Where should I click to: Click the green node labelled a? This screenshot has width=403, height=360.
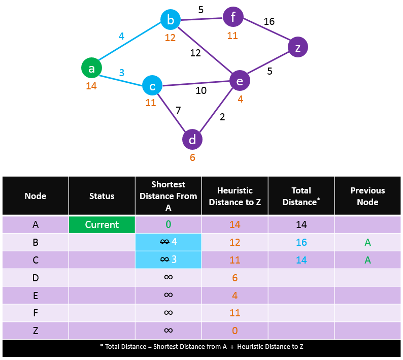pos(91,68)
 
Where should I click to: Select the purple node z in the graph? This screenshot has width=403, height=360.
pos(298,47)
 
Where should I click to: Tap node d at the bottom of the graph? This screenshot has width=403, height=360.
pos(192,140)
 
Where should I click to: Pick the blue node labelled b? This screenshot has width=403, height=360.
pos(171,19)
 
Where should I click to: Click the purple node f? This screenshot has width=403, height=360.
pos(233,17)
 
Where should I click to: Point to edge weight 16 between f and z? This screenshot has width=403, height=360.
pos(269,21)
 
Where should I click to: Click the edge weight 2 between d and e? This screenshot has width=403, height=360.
pos(222,117)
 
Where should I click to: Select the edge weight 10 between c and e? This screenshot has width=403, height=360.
pos(201,90)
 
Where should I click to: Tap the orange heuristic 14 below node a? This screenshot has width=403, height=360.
pos(91,86)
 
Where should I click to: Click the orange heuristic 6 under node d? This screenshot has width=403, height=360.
pos(192,157)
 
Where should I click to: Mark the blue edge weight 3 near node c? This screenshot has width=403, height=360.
pos(122,73)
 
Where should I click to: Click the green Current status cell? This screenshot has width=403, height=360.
pos(102,225)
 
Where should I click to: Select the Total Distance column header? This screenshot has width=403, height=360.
pos(301,196)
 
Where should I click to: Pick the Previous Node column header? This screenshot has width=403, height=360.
pos(367,196)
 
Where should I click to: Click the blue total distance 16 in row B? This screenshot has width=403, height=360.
pos(301,242)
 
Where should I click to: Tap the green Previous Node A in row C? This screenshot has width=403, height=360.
pos(367,260)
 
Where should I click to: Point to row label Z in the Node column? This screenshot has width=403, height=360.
pos(36,331)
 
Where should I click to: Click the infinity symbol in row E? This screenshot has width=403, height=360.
pos(169,294)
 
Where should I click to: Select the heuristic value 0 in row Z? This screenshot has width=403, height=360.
pos(234,331)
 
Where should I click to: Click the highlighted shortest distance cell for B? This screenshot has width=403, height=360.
pos(169,242)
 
